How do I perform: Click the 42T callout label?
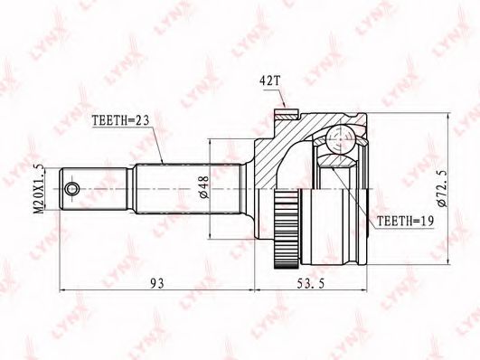pos(269,81)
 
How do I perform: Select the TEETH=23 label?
pos(120,120)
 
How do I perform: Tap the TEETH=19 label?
pos(405,221)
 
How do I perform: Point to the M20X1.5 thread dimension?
pos(39,189)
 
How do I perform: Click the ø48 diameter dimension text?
pos(204,186)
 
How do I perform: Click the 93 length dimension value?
pos(157,283)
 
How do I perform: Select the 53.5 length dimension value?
pos(310,283)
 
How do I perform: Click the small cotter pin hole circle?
pos(72,188)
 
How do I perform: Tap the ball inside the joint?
pos(340,139)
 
